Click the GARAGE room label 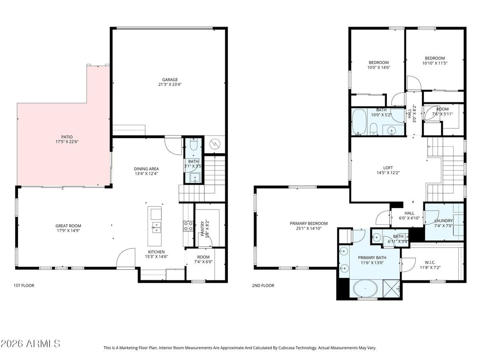[x=170, y=80]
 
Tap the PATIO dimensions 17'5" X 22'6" [x=67, y=142]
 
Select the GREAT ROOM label [x=68, y=226]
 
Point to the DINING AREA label [x=146, y=169]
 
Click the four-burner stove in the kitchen [x=188, y=226]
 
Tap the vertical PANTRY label [x=202, y=229]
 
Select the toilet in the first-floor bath [x=194, y=144]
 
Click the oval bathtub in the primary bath [x=365, y=288]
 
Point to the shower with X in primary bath [x=391, y=288]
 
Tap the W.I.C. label [x=430, y=262]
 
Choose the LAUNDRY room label [x=443, y=221]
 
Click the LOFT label [x=388, y=168]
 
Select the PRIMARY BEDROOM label [x=308, y=223]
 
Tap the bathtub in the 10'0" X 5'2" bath [x=359, y=122]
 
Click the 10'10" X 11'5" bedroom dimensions [x=435, y=63]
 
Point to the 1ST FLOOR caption [x=24, y=286]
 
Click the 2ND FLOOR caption [x=263, y=286]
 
